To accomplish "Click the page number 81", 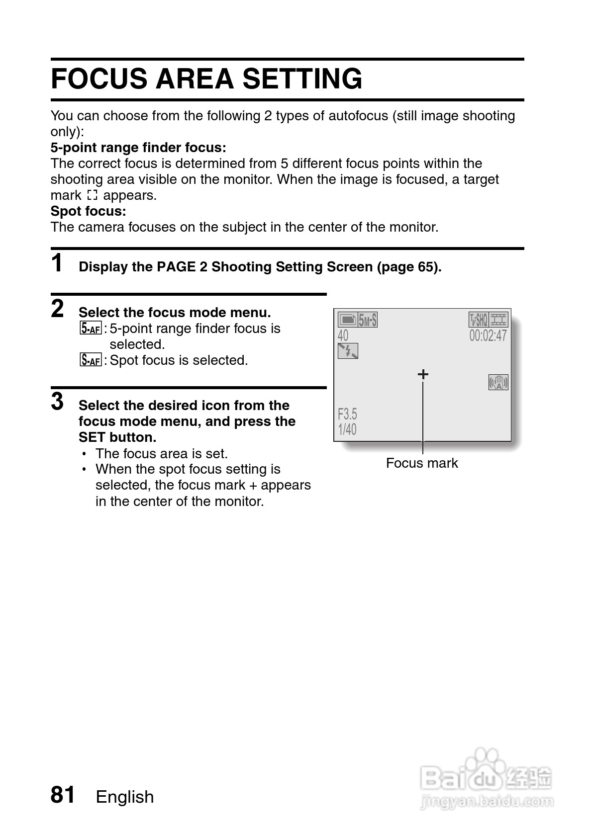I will tap(63, 795).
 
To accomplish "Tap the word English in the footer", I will tap(125, 797).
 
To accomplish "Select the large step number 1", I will tap(58, 263).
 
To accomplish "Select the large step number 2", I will tap(58, 309).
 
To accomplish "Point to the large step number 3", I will tap(58, 402).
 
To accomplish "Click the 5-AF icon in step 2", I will tap(90, 329).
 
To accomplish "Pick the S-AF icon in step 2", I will tap(90, 360).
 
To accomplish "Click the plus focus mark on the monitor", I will tap(423, 374).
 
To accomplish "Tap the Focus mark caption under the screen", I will tap(422, 463).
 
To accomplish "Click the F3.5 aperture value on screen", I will tap(347, 414).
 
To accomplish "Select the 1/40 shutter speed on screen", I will tap(347, 429).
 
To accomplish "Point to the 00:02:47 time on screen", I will tap(488, 335).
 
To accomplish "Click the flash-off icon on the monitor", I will tap(348, 351).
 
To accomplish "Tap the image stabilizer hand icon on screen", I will tap(498, 382).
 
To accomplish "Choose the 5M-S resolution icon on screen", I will tap(368, 320).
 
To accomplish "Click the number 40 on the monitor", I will tap(343, 335).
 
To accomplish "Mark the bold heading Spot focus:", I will tap(89, 211).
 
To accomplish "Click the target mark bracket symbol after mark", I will tap(92, 195).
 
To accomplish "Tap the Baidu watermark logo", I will tap(485, 778).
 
